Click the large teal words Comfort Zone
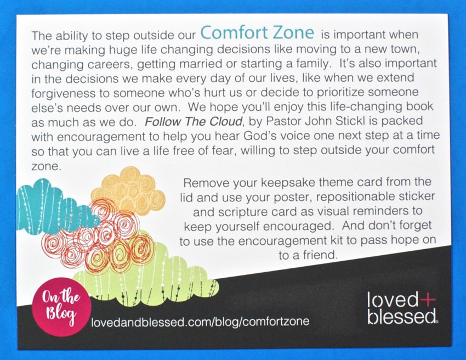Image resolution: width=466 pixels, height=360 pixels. pos(257,33)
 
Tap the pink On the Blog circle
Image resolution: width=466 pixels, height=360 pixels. pos(61,307)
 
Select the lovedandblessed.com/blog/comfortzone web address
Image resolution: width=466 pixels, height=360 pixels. pos(200,322)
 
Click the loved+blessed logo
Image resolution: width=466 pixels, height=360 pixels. pos(402,308)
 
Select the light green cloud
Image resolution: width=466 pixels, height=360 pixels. pos(146,277)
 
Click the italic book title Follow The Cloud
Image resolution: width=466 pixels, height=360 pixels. pos(193,122)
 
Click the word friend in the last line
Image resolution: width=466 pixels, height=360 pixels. pos(322,255)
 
